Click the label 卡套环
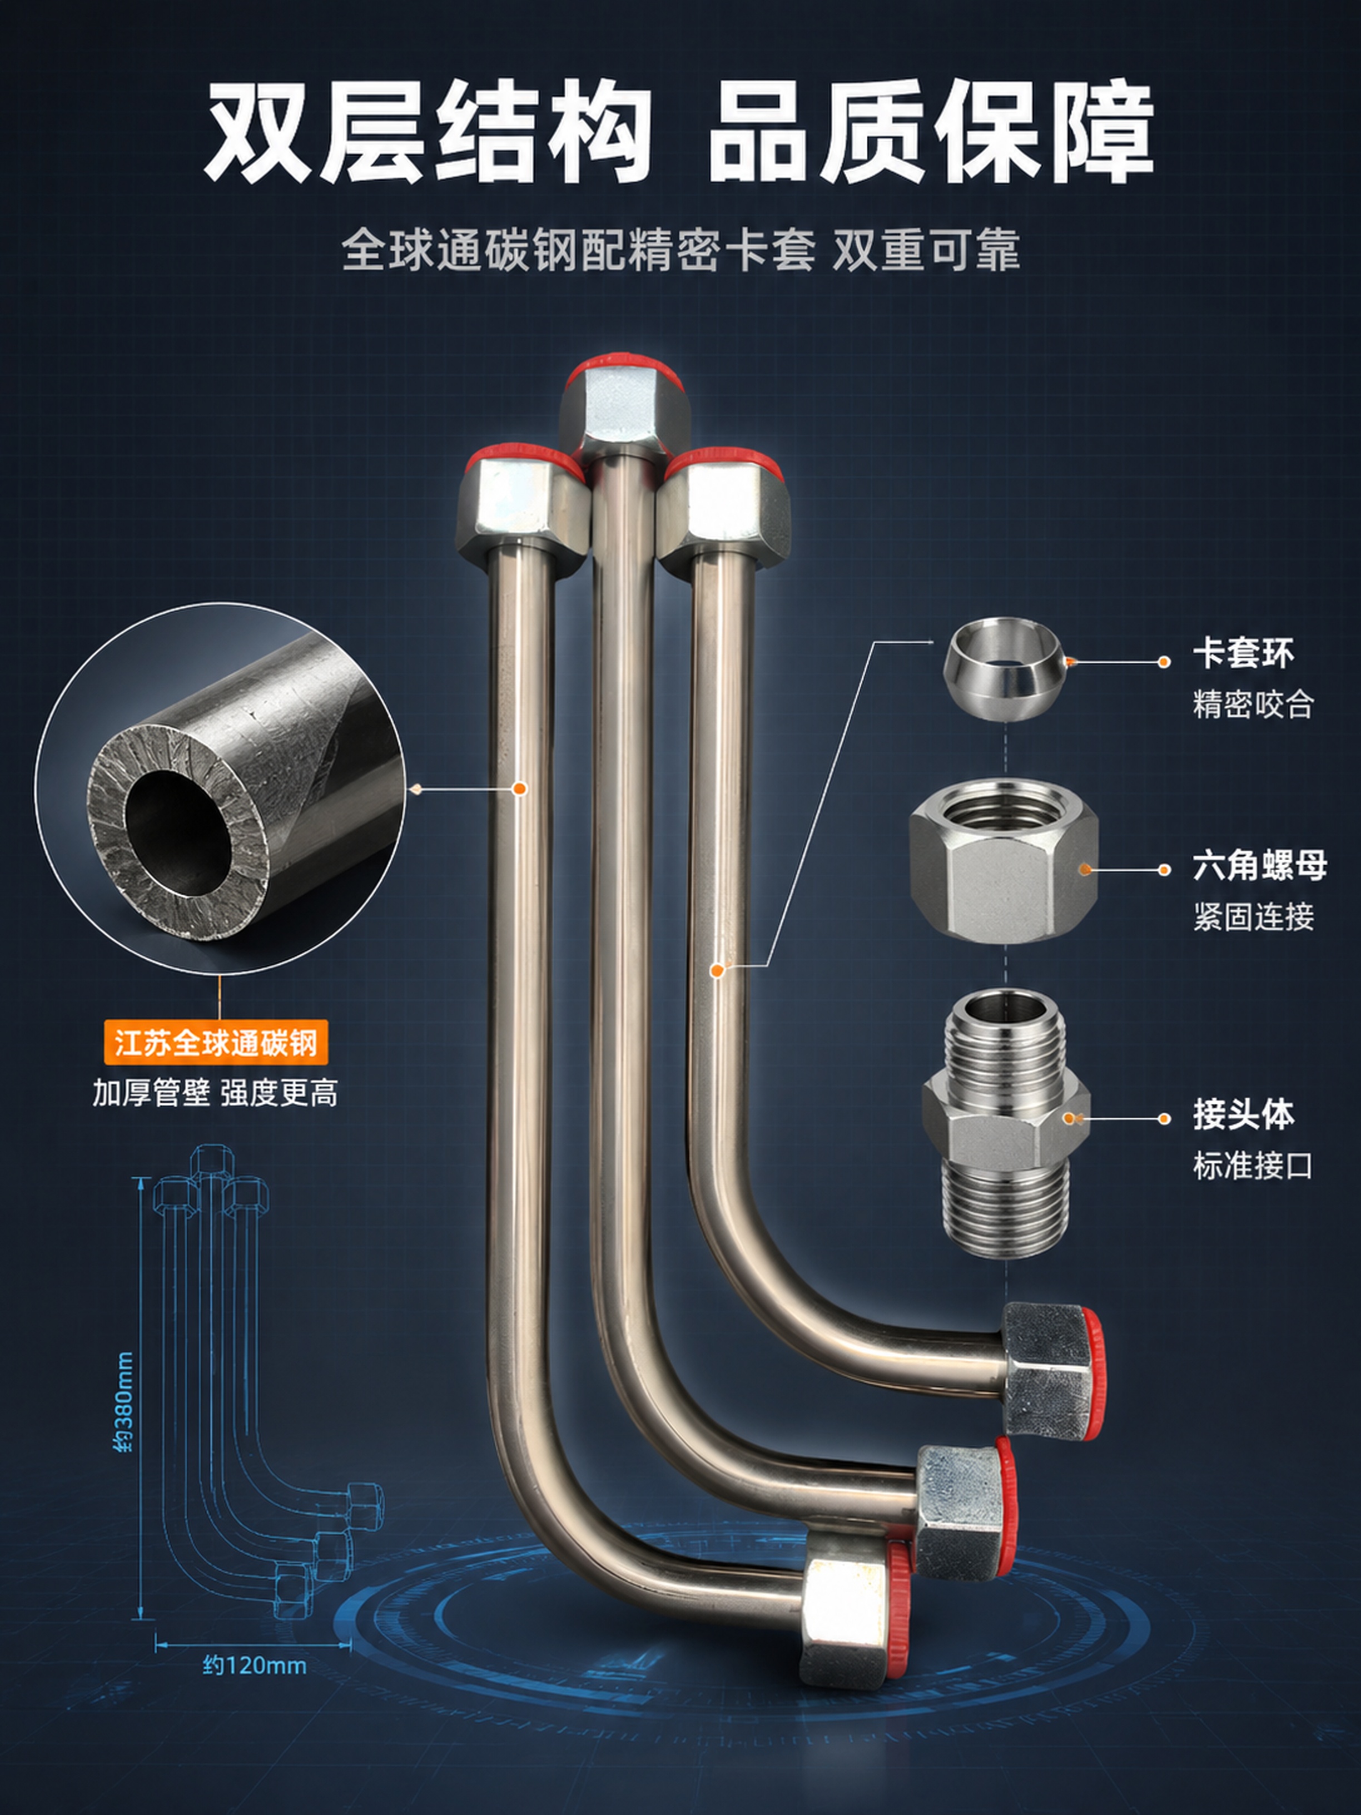1243,654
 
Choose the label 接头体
1243,1115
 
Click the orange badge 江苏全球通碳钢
216,1043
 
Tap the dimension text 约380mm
123,1402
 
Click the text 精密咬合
1253,704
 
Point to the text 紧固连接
1253,916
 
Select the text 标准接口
1253,1165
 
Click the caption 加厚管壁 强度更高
215,1093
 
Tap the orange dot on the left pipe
519,789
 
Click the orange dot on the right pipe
717,971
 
